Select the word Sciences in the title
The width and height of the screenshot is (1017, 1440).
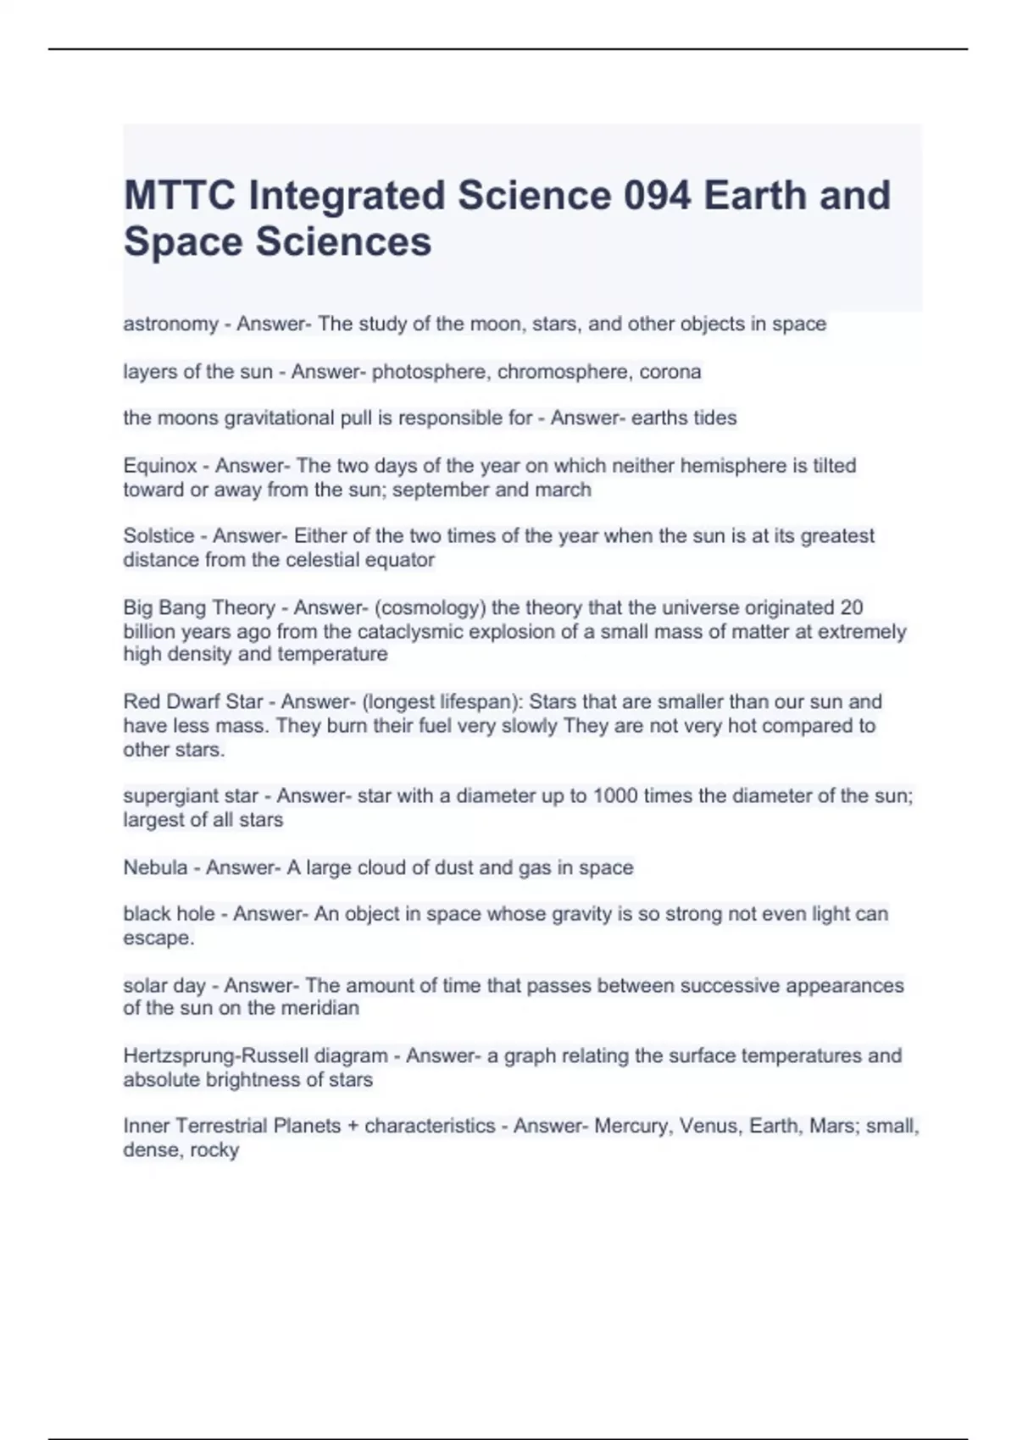(343, 241)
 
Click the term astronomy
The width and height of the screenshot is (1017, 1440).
(170, 324)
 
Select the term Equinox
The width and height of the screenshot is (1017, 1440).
(160, 466)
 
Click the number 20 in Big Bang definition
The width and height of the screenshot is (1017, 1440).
(851, 607)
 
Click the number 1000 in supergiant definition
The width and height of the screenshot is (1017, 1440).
(614, 796)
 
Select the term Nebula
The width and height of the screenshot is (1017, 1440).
(155, 867)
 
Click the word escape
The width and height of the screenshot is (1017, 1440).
(158, 939)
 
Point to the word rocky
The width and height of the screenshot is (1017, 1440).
(214, 1150)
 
